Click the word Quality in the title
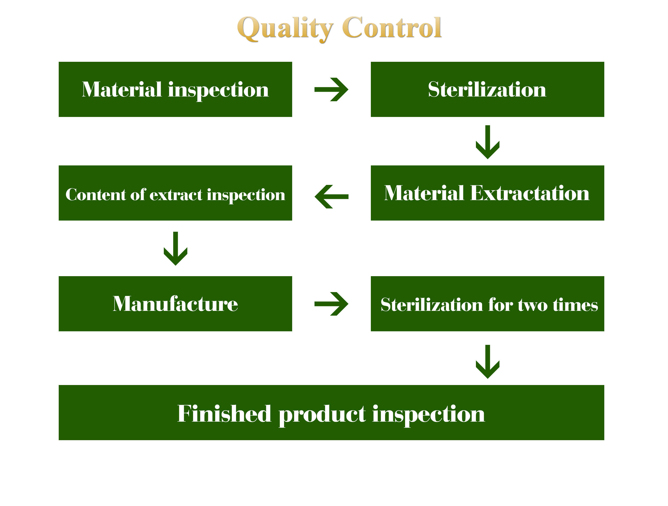285,29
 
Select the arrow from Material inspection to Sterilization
331,89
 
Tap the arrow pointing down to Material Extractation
487,142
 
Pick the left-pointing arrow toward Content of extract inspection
331,197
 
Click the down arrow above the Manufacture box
175,248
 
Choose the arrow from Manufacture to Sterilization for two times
331,304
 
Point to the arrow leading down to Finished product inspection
487,361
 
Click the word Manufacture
175,304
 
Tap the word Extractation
530,193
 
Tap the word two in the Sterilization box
533,305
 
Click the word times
575,305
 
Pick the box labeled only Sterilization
487,89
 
